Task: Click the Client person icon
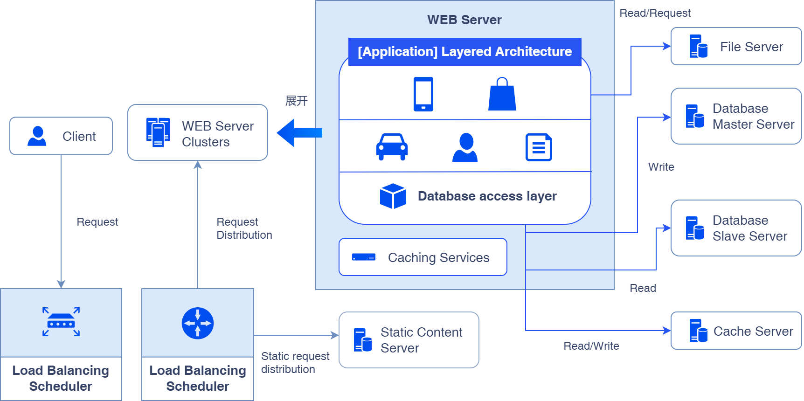tap(37, 136)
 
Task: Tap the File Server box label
tap(751, 47)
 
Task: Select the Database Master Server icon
tap(695, 116)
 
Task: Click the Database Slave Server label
tap(749, 228)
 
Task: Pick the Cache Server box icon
tap(698, 331)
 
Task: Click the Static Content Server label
tap(421, 340)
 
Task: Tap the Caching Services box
tap(423, 257)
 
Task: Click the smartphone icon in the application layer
tap(423, 94)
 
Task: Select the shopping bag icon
tap(502, 95)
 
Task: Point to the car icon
tap(392, 147)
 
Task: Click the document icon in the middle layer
tap(539, 147)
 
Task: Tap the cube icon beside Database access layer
tap(393, 196)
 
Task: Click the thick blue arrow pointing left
tap(299, 133)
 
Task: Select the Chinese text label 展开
tap(296, 101)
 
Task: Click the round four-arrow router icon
tap(198, 323)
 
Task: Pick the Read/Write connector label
tap(591, 346)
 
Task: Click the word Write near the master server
tap(661, 167)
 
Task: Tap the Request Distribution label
tap(244, 228)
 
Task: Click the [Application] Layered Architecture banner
tap(464, 52)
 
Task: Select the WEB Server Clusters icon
tap(158, 132)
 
